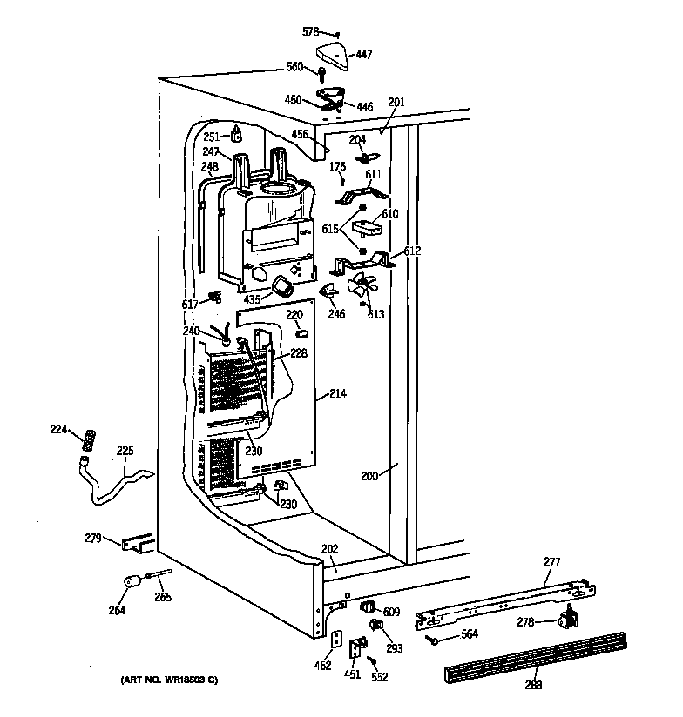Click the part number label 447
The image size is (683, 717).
point(363,54)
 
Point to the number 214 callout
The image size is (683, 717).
point(338,395)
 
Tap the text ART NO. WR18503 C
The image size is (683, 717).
point(171,679)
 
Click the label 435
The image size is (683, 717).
point(252,299)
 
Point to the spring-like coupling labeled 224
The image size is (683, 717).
point(87,442)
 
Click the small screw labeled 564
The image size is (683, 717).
point(431,640)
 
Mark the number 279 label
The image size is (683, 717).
point(94,538)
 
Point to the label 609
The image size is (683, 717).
point(391,613)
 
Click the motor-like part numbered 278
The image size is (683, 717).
point(568,619)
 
